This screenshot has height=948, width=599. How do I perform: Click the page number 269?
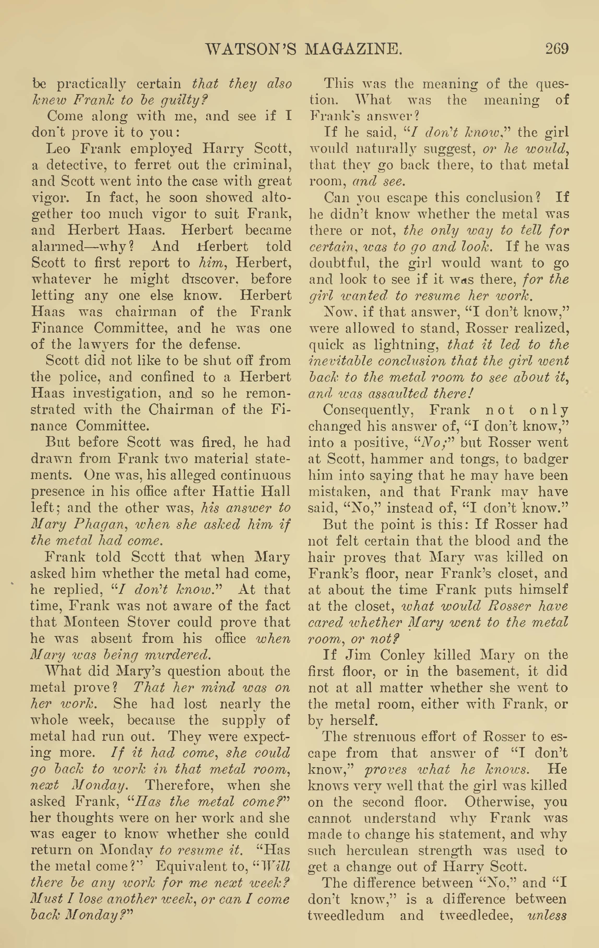[556, 49]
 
